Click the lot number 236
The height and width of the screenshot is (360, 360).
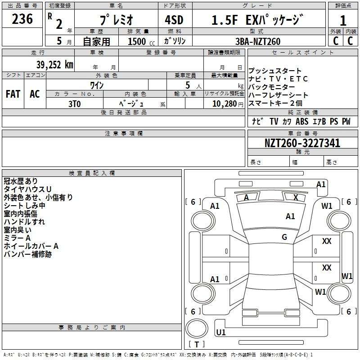pos(22,19)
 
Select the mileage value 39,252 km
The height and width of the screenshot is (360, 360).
pos(54,65)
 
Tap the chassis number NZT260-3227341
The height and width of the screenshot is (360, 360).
pos(302,143)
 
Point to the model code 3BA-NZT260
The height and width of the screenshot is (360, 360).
pos(258,41)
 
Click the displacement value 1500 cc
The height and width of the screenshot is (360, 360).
pos(141,41)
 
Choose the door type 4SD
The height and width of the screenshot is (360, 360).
pos(174,20)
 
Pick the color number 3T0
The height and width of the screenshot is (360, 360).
pos(75,104)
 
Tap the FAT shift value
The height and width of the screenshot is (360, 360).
pos(13,94)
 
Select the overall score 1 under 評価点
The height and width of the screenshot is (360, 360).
pos(343,20)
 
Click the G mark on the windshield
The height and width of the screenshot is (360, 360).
pos(284,237)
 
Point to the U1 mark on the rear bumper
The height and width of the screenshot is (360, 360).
pos(221,332)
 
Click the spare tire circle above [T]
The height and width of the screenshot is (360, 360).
pos(197,328)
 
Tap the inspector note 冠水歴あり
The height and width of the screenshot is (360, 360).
pos(20,181)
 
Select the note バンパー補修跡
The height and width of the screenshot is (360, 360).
pos(27,254)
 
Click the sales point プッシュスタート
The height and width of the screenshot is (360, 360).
pos(275,71)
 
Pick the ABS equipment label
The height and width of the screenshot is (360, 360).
pos(301,121)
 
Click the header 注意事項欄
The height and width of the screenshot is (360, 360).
pos(123,133)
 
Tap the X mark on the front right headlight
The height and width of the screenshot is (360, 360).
pos(296,198)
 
